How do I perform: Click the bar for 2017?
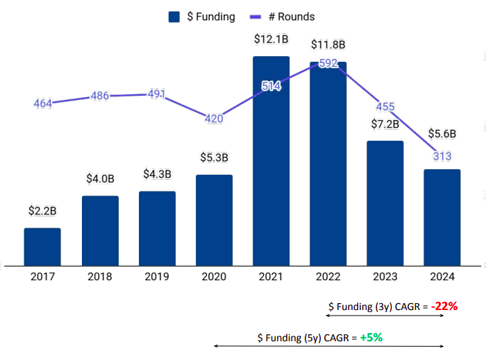pos(42,246)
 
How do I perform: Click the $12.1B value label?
pos(271,41)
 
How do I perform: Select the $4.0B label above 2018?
pos(100,178)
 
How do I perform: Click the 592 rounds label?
pos(328,64)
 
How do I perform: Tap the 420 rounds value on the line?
pos(214,119)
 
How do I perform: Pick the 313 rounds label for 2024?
pos(442,156)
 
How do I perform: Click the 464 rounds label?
pos(43,103)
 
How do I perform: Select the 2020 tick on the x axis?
pos(214,276)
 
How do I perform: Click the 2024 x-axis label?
pos(442,276)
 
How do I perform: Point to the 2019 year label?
pos(157,276)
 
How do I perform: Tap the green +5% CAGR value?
pos(371,338)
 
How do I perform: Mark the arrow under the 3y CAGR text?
pos(385,316)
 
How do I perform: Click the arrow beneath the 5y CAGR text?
pos(328,346)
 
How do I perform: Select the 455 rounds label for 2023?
pos(385,107)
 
